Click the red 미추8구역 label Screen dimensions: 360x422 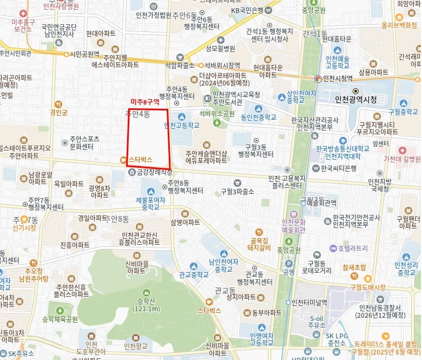pos(145,102)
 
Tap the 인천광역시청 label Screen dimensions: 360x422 pos(355,100)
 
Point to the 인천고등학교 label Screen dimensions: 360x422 pos(182,126)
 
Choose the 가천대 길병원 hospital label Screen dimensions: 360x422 pos(402,159)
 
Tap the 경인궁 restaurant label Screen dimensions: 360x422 pos(58,113)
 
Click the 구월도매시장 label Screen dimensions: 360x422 pos(368,287)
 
